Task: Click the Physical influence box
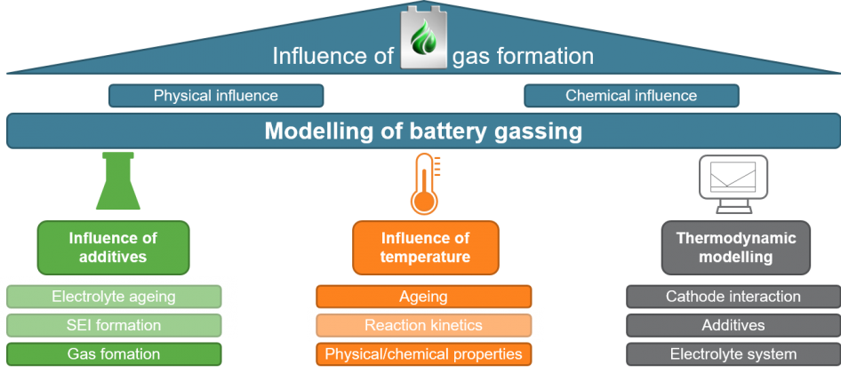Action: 215,96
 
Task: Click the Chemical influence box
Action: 631,96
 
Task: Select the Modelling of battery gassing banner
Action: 423,132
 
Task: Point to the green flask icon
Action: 115,185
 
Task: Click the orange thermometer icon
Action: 425,183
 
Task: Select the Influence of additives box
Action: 113,248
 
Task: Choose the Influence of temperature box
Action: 425,248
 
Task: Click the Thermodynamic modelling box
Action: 735,248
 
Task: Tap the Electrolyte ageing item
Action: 113,297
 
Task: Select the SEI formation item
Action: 113,325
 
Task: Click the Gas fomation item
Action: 113,354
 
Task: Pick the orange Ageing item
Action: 423,297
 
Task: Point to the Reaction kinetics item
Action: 423,325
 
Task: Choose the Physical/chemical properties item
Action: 423,354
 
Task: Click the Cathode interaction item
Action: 733,297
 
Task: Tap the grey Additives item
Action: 733,325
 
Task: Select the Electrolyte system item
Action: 733,354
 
